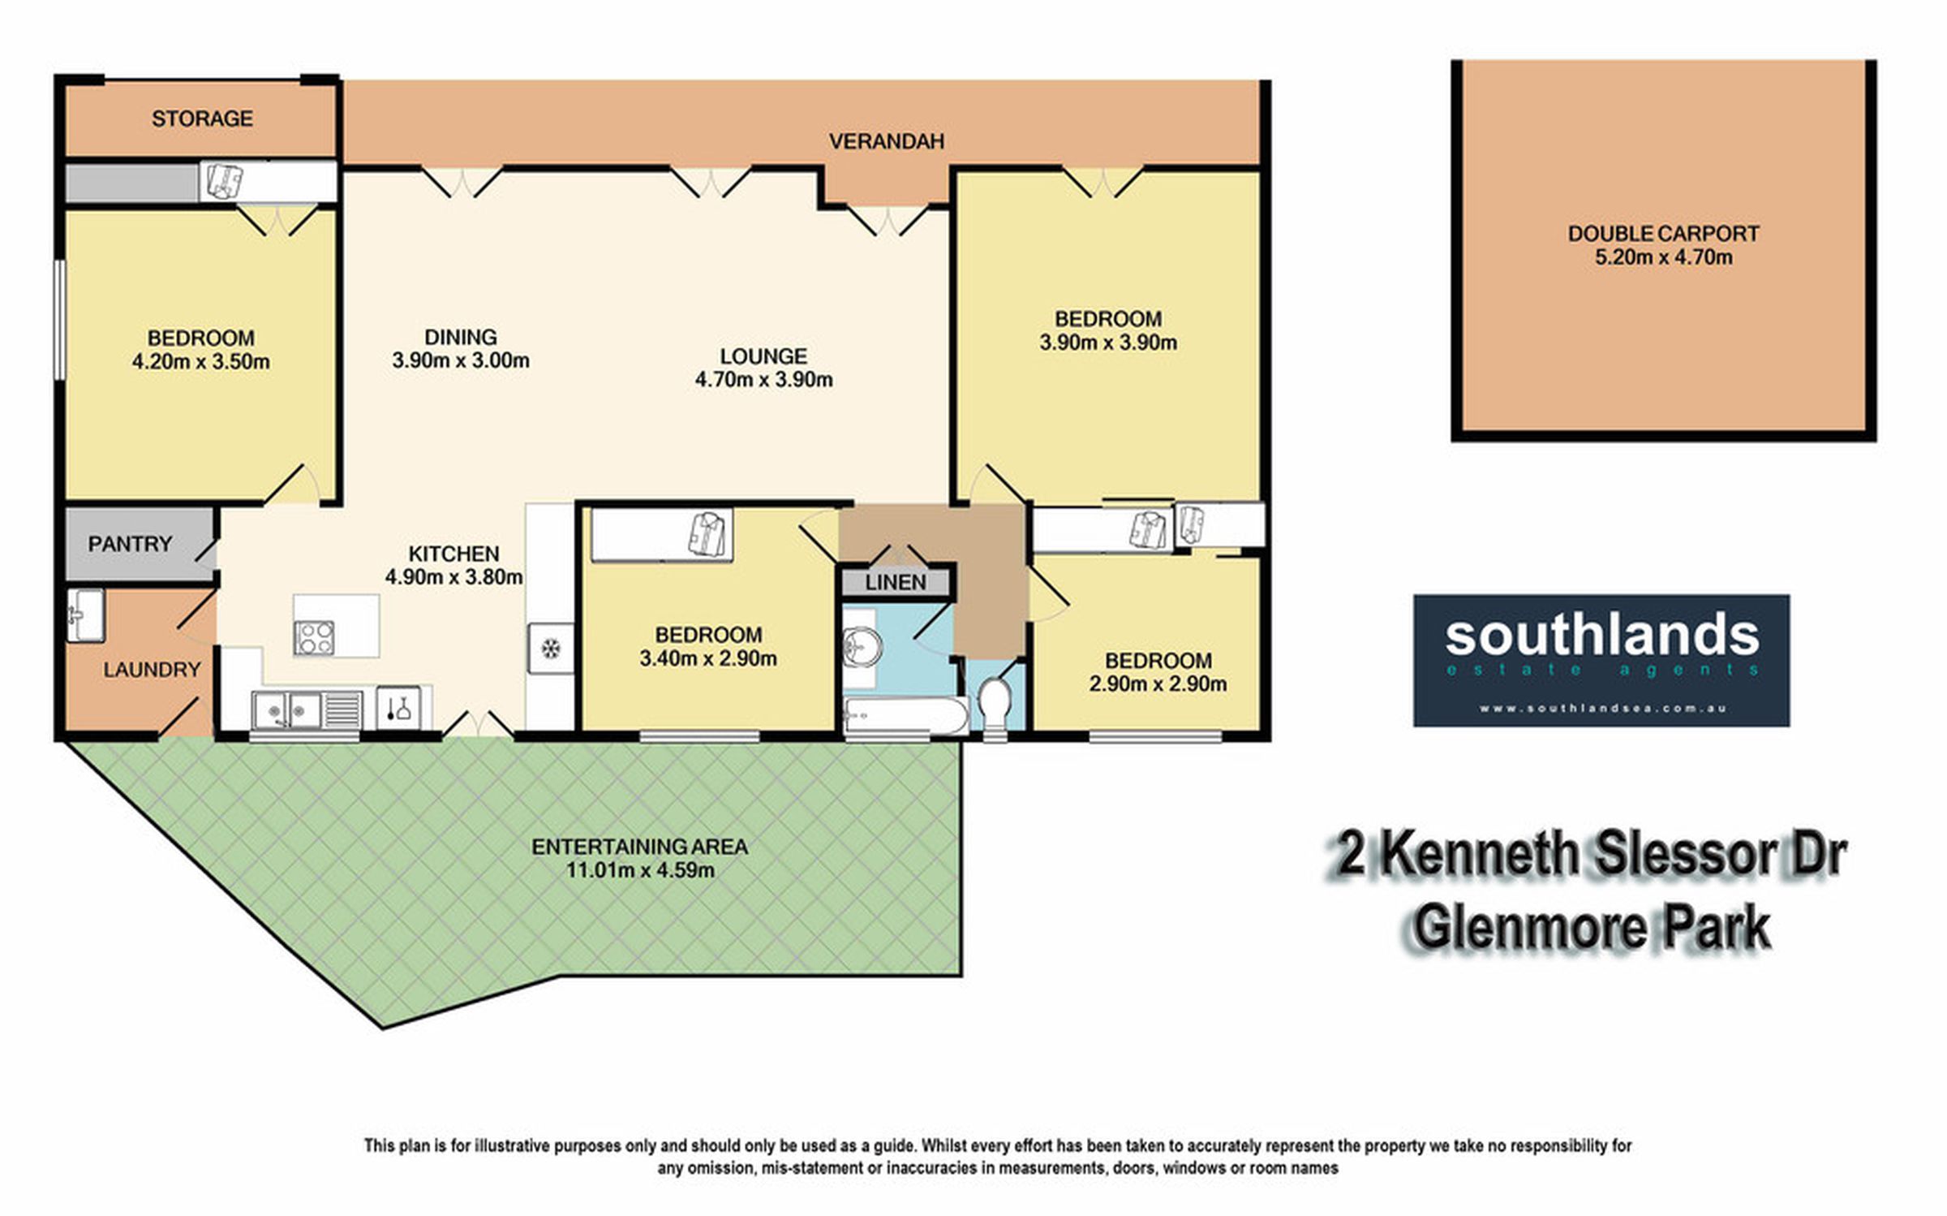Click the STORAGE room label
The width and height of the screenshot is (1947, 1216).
(202, 119)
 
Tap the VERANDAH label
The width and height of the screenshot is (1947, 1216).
(887, 141)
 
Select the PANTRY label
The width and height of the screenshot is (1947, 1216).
(130, 543)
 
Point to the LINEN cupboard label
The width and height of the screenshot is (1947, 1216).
(896, 582)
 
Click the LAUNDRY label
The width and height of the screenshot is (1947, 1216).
(152, 670)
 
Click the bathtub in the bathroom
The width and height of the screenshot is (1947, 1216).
(905, 715)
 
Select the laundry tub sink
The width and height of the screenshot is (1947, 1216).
(85, 614)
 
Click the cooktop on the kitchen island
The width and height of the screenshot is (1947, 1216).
(314, 637)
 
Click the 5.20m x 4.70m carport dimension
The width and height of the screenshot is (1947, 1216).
(1664, 257)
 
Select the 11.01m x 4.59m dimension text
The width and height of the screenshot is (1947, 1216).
(640, 870)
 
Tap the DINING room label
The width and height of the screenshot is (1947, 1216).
(461, 337)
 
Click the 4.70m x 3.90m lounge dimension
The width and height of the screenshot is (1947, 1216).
(763, 379)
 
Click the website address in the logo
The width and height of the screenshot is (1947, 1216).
(1602, 708)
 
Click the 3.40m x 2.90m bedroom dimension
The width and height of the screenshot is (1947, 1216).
(708, 658)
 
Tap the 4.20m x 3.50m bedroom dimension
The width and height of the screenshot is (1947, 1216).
(201, 361)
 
